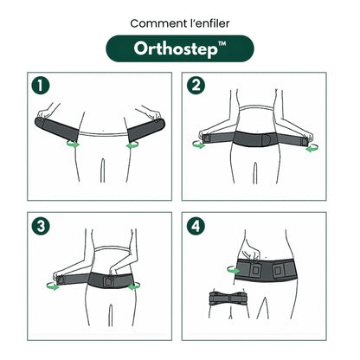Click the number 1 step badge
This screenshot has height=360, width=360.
[39, 87]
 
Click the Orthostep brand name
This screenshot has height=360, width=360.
[173, 48]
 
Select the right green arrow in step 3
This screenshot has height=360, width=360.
[134, 286]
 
